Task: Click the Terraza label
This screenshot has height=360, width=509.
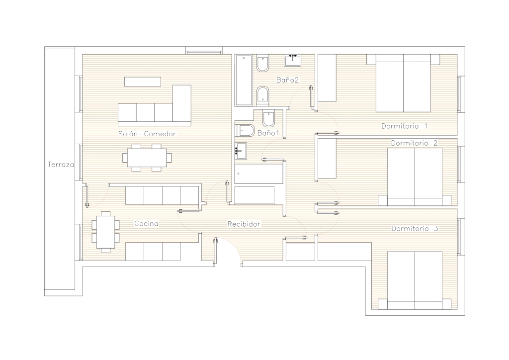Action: point(61,165)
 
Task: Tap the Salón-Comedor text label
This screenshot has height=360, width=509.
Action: point(147,134)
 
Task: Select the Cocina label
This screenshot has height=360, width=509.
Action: point(147,224)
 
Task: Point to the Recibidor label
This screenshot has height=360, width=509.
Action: point(244,224)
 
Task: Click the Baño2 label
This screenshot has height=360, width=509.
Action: point(288,80)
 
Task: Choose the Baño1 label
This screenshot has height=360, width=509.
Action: point(268,133)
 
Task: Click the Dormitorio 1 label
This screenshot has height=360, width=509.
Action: point(405,126)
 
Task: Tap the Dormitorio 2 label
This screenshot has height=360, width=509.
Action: point(414,143)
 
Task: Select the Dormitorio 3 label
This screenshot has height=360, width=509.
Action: point(415,229)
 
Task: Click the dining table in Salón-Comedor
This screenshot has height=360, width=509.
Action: point(147,158)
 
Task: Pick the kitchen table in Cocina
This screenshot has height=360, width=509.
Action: point(105,232)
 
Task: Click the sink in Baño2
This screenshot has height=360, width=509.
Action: point(292,60)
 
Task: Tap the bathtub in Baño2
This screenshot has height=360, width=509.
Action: point(244,80)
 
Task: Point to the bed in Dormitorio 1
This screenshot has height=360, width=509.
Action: point(403,83)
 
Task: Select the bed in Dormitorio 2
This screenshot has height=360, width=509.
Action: point(415,177)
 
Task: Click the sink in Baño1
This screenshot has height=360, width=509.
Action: point(241,151)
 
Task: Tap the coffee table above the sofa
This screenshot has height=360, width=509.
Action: point(143,82)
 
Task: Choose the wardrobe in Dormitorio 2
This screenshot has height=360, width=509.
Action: point(327,159)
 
